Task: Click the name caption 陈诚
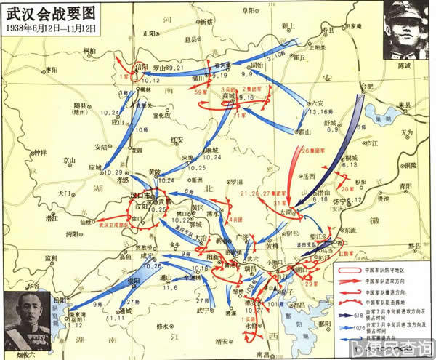(403, 65)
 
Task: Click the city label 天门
(65, 193)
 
